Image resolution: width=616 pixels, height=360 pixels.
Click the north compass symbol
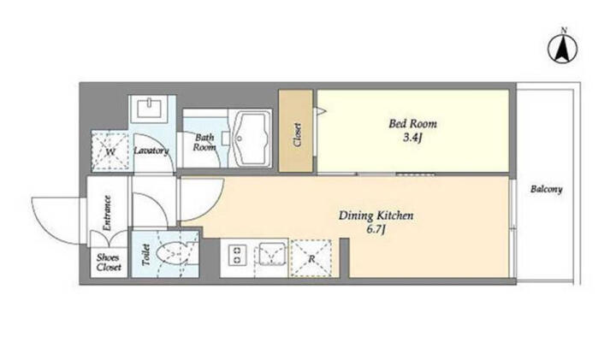coord(563,49)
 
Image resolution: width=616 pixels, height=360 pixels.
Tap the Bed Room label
coord(412,124)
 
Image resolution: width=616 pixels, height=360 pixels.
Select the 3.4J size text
coord(412,138)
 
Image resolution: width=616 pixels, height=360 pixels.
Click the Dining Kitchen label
coord(376,215)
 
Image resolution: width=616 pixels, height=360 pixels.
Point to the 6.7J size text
coord(376,229)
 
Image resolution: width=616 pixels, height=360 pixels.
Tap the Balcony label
coord(547,189)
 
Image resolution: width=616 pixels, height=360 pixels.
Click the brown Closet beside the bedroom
coord(296,131)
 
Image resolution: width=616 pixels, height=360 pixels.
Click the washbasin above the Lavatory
coord(149,108)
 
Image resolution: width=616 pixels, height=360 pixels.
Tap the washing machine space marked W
coord(110,151)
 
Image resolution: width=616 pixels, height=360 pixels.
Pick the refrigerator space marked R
coord(311,258)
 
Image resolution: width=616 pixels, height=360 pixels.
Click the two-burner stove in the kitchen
coord(237,255)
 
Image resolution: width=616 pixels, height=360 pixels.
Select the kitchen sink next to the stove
coord(272,255)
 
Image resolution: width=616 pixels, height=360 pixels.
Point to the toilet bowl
coord(173,255)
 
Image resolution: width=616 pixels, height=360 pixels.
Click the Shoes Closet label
coord(109,263)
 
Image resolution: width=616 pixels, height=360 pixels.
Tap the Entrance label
coord(106,213)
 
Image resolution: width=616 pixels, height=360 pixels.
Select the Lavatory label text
coord(151,150)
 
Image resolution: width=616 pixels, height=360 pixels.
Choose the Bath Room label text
coord(204,142)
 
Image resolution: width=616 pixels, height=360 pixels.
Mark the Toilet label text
coord(145,255)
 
